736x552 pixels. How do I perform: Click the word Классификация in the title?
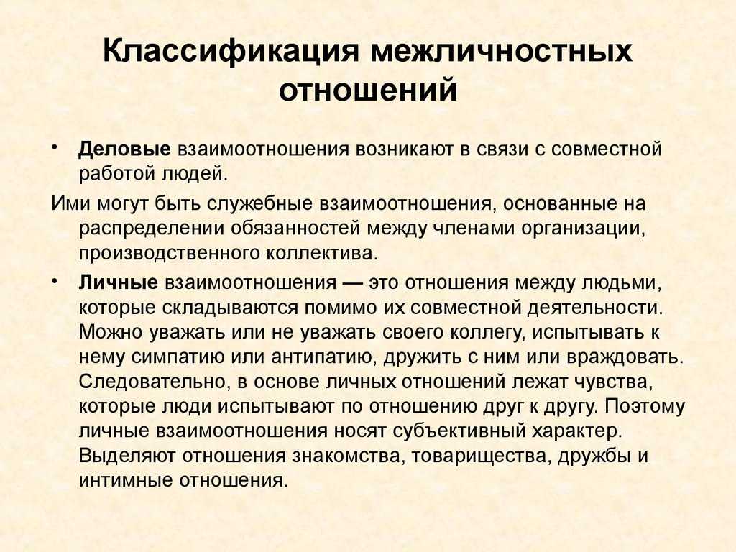click(x=231, y=51)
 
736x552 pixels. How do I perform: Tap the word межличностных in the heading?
click(x=501, y=51)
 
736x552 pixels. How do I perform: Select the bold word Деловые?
click(x=124, y=149)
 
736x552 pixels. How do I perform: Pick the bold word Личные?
click(x=119, y=282)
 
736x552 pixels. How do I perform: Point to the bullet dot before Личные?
click(x=55, y=281)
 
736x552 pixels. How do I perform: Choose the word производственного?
click(x=169, y=254)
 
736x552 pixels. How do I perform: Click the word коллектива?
click(x=322, y=254)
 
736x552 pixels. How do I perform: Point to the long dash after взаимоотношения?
click(x=352, y=283)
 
